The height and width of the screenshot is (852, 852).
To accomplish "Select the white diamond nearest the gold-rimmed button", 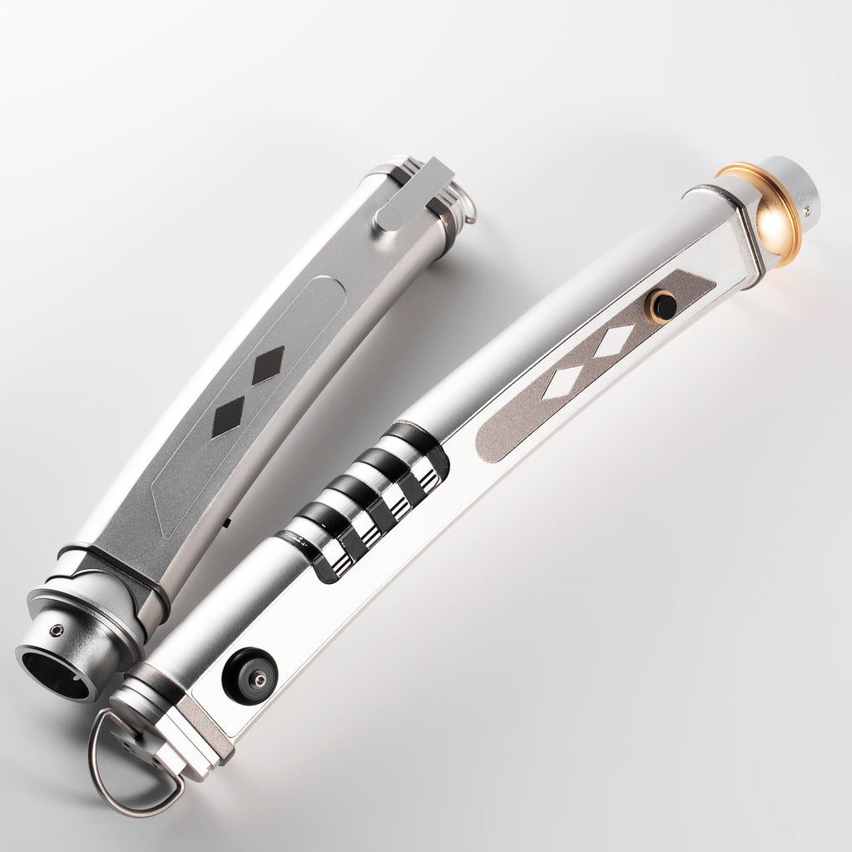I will tap(615, 339).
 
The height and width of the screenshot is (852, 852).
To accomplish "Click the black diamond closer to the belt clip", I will tap(268, 365).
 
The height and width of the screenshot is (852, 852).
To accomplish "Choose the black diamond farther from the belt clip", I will tap(228, 416).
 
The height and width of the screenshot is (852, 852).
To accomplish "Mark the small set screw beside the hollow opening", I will tap(57, 630).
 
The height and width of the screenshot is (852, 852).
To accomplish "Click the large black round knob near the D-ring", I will tap(249, 675).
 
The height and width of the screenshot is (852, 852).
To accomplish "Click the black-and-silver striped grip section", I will tap(366, 499).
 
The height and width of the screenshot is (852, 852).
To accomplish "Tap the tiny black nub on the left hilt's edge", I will tap(227, 523).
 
